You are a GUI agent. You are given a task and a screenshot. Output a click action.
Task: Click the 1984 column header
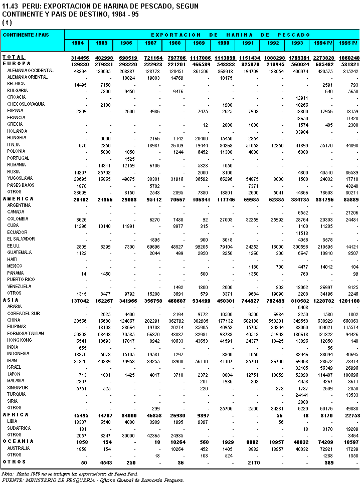point(77,44)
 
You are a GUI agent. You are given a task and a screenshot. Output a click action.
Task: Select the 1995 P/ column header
point(348,44)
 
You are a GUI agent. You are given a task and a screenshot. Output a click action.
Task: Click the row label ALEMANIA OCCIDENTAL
point(27,71)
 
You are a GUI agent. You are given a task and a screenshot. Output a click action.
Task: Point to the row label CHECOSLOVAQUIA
point(26,104)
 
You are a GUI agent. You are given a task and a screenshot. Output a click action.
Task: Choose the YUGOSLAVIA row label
point(20,178)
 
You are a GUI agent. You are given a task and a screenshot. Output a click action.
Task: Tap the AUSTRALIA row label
point(19,448)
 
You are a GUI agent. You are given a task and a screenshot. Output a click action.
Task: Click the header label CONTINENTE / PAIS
point(26,35)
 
